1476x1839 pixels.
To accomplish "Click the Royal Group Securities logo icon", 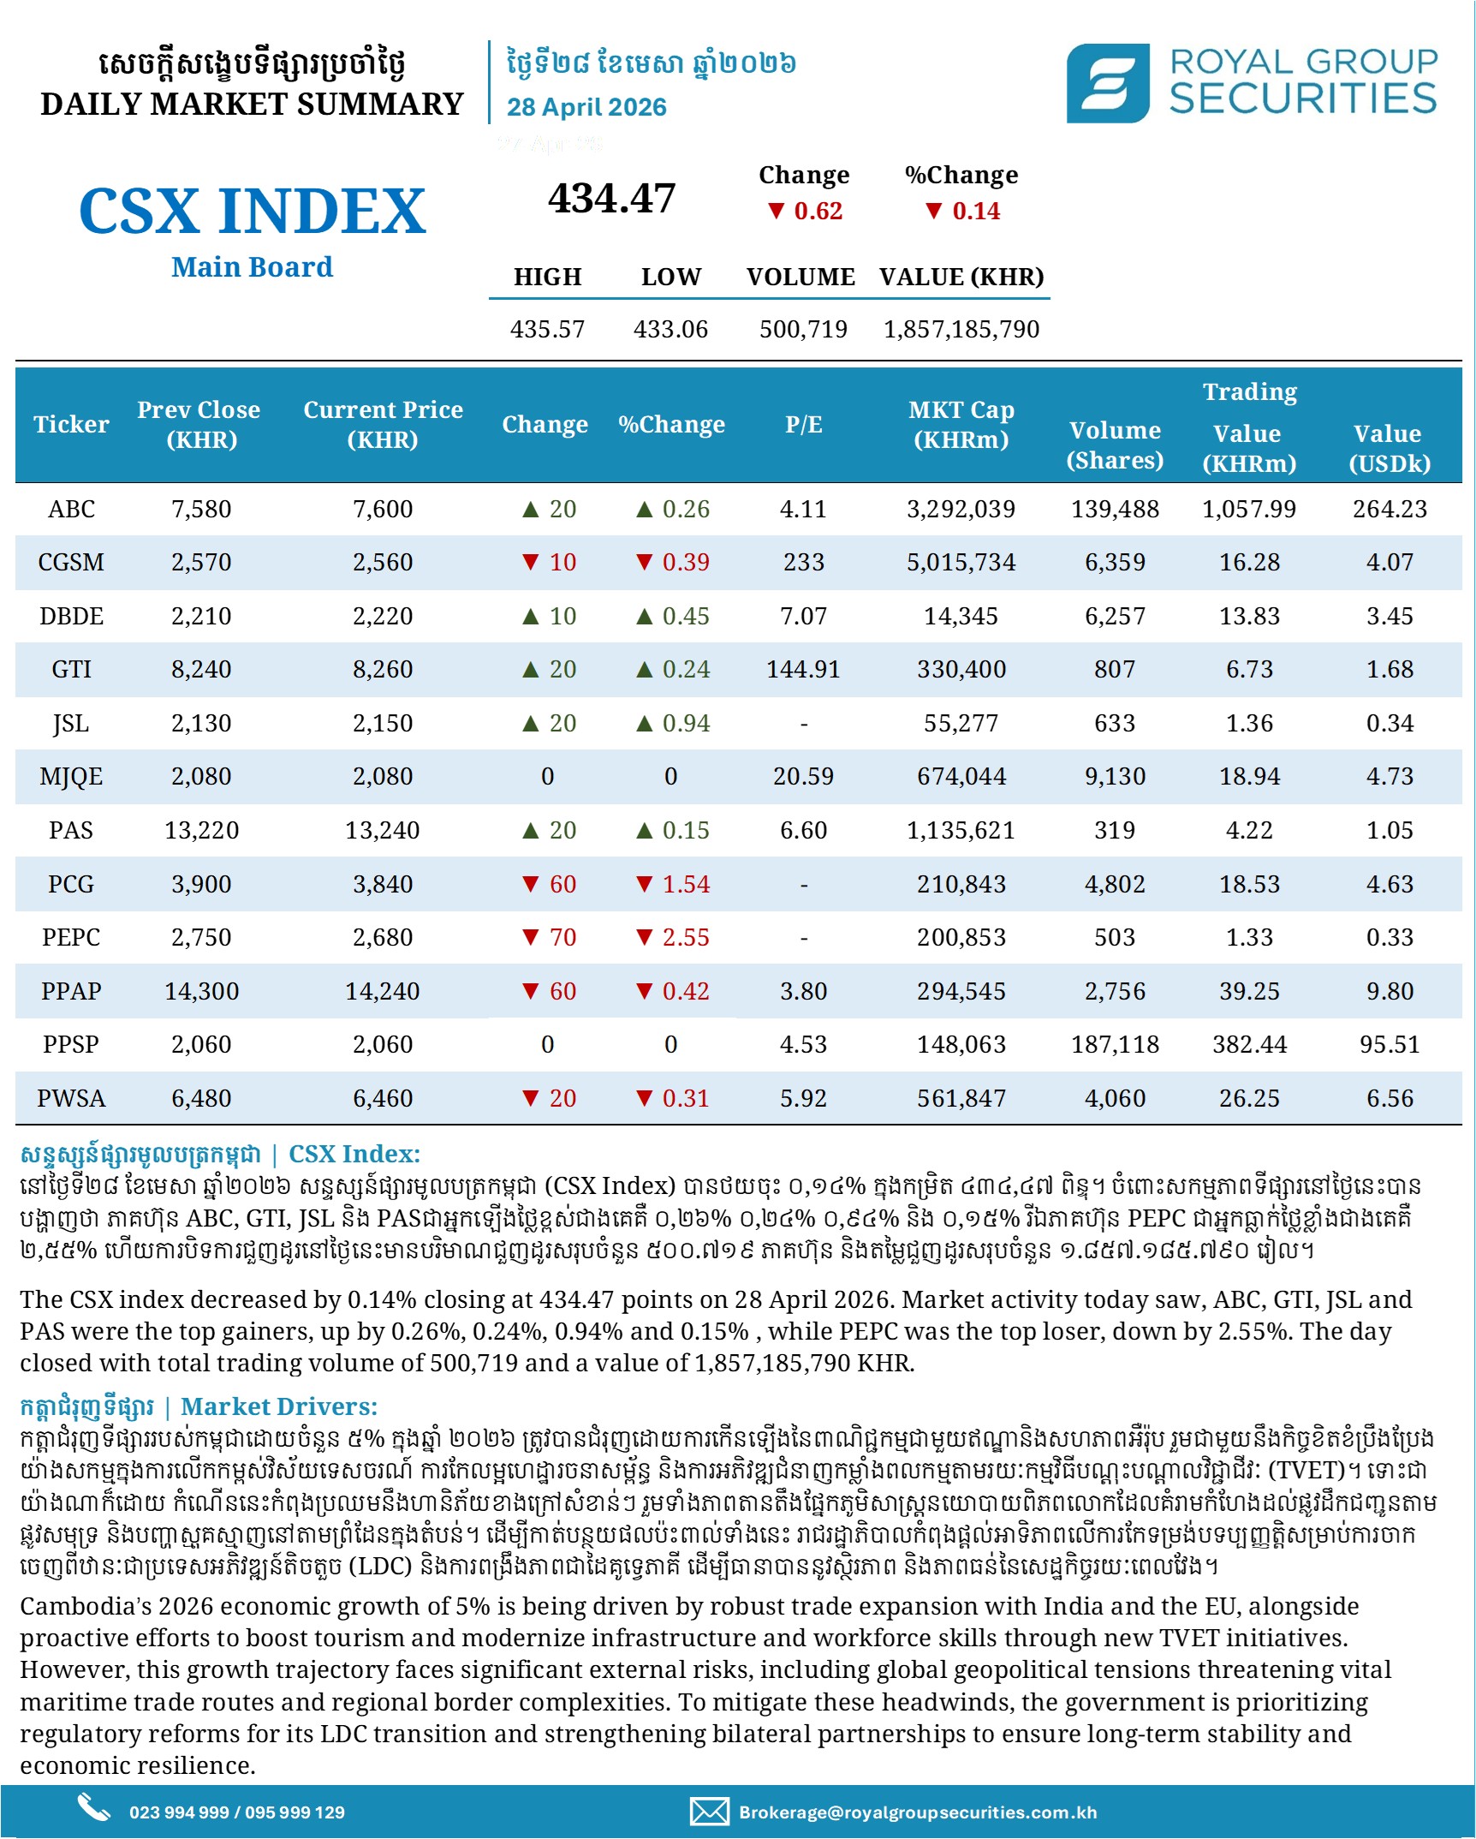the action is click(x=1107, y=83).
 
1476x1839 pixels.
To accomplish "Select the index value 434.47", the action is click(x=611, y=198).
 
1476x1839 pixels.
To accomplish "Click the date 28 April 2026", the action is click(x=586, y=107).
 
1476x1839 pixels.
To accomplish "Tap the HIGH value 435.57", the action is click(x=547, y=329).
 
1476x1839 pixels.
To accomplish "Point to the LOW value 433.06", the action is click(x=670, y=329).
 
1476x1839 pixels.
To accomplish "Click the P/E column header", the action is click(x=804, y=424).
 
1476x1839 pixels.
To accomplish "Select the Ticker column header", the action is click(x=71, y=424).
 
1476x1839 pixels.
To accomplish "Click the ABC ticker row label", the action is click(x=71, y=509).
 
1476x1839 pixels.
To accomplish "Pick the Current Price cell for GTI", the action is click(x=383, y=669).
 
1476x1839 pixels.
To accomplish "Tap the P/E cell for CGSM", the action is click(x=804, y=562).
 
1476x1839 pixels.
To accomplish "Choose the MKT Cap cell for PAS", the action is click(x=961, y=830).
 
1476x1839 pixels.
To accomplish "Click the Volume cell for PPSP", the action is click(x=1115, y=1044).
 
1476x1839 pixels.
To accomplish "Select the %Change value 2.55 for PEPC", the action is click(x=686, y=937).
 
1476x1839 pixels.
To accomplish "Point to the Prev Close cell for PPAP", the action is click(x=201, y=991).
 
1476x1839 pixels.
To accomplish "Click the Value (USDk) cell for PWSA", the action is click(x=1390, y=1098).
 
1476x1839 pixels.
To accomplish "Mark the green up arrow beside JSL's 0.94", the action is click(x=645, y=724).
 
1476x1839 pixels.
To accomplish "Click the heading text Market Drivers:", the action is click(x=279, y=1406).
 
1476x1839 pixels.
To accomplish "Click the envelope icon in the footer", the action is click(x=710, y=1812).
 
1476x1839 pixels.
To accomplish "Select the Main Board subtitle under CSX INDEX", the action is click(x=252, y=267).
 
